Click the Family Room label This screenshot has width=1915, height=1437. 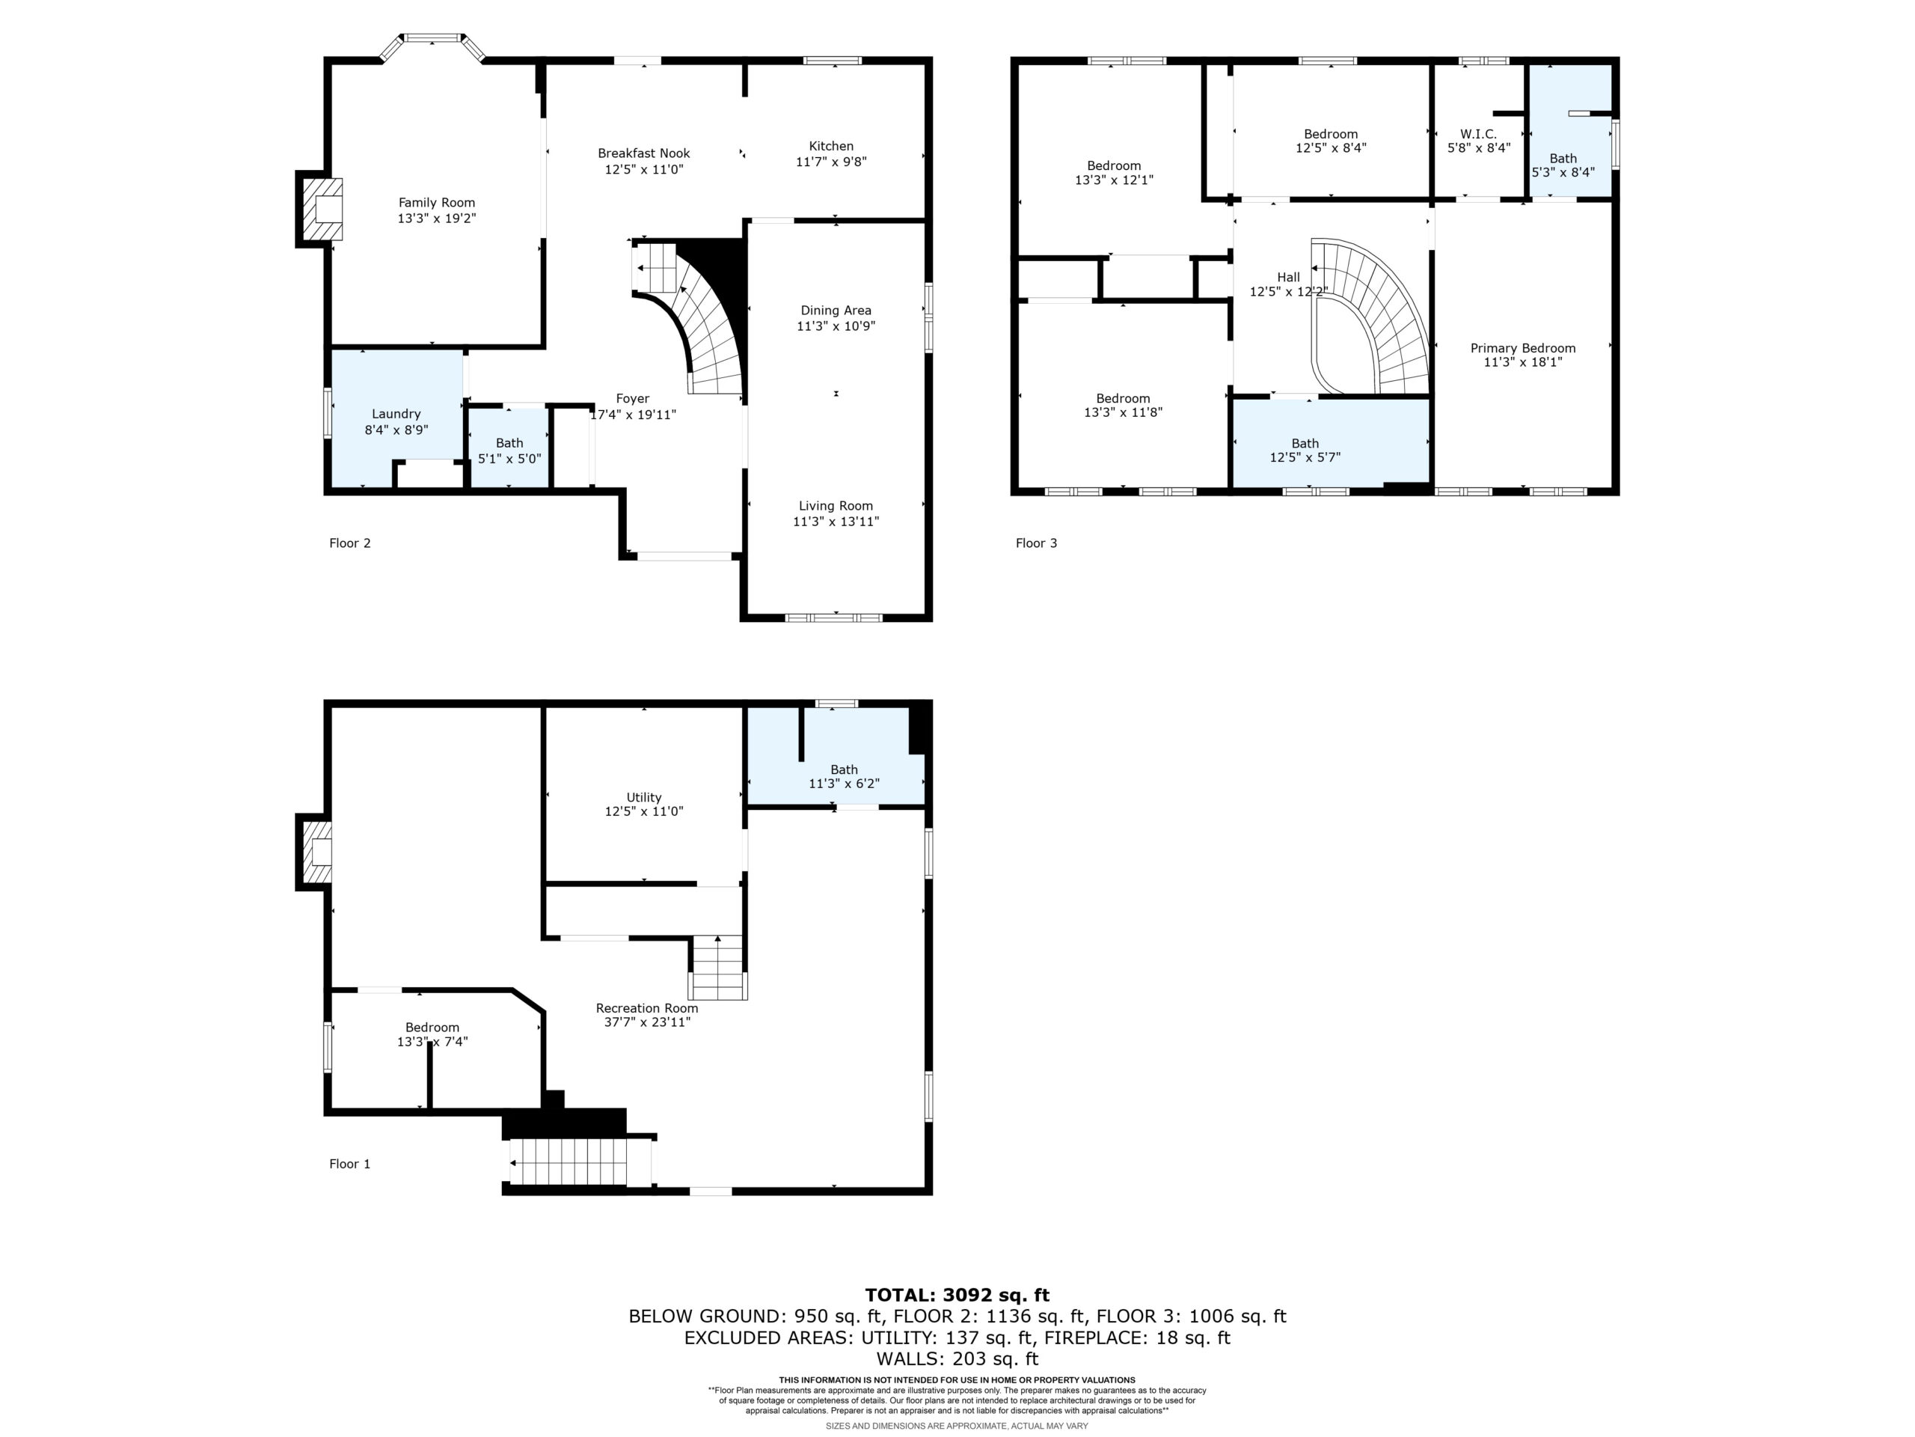[436, 203]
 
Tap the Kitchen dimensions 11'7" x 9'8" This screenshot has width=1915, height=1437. [831, 161]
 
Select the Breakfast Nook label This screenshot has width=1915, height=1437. [644, 153]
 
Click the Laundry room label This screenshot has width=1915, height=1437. [396, 414]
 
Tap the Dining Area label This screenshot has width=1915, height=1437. [836, 310]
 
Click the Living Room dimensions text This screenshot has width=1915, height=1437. [836, 522]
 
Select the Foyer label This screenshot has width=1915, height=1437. [633, 398]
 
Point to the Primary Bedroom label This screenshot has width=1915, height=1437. [1523, 348]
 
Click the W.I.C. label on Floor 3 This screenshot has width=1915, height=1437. [1479, 133]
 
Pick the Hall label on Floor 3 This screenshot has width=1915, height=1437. [1288, 277]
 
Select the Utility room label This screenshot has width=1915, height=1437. [644, 797]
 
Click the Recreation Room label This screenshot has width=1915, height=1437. [647, 1008]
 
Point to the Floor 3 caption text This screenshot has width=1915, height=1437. [1036, 543]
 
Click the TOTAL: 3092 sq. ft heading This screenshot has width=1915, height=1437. [957, 1295]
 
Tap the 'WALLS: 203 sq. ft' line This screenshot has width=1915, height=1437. [957, 1359]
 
